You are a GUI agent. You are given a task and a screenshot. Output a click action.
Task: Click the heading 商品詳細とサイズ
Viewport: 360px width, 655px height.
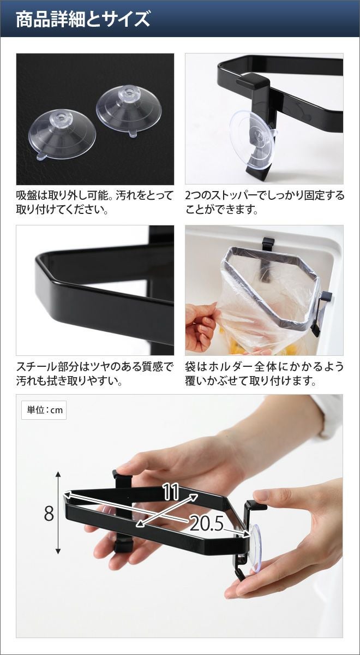[x=83, y=20]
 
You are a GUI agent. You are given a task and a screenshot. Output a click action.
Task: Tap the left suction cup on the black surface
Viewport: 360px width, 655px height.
[x=63, y=135]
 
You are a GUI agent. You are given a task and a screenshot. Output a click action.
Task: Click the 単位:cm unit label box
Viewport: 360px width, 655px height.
[x=44, y=410]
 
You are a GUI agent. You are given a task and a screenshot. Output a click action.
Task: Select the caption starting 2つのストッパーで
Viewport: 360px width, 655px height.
[x=265, y=202]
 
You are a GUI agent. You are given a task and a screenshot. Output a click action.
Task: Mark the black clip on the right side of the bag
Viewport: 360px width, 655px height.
[x=322, y=313]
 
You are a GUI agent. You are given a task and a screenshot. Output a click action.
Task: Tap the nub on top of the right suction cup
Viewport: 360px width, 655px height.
[x=128, y=91]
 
